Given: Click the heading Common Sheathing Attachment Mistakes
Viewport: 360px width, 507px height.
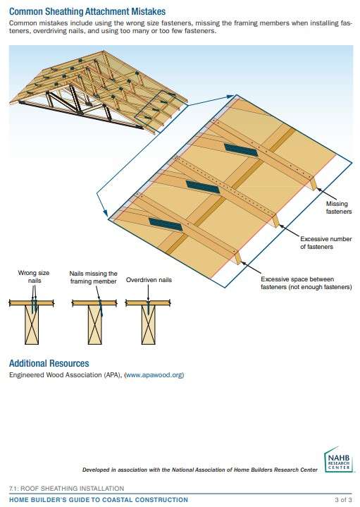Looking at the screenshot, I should click(87, 12).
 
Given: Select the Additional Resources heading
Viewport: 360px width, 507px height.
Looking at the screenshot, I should click(49, 363).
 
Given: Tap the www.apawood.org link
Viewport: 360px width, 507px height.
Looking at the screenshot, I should click(154, 375).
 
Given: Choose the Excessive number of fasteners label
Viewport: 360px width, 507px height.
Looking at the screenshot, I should click(325, 243).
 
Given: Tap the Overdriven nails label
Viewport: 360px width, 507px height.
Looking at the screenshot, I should click(149, 280).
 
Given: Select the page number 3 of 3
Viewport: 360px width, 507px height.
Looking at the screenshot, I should click(342, 499).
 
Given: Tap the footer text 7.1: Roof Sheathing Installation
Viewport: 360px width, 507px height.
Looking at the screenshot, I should click(66, 488).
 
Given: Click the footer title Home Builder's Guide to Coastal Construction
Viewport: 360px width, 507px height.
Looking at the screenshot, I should click(99, 499).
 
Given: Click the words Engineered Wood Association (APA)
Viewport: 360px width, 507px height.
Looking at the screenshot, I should click(65, 375).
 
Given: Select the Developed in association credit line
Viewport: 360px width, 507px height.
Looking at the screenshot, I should click(199, 470).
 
